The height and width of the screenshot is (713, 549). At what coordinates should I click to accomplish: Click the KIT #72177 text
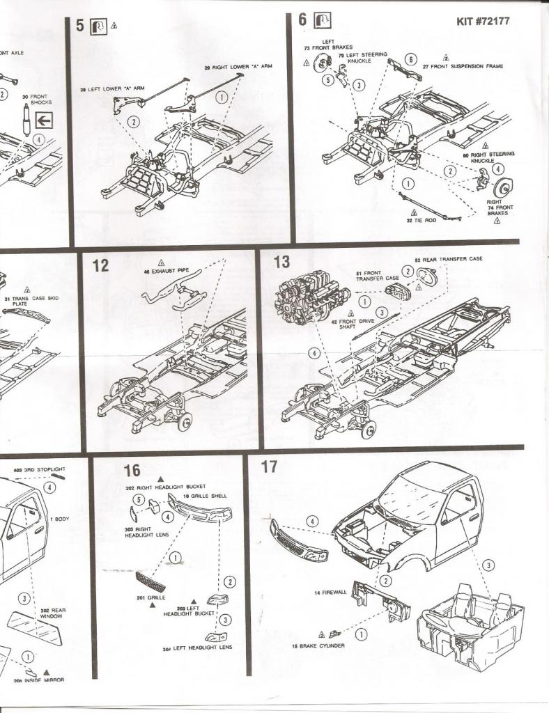tap(483, 21)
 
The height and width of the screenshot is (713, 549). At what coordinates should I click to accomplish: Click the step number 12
tap(102, 266)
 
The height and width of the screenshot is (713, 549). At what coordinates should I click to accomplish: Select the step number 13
tap(282, 262)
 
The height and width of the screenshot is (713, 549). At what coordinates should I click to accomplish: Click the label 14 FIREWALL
tap(327, 593)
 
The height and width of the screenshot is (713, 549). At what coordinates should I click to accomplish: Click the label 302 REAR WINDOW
tap(52, 613)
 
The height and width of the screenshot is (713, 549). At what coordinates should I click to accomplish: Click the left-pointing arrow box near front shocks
tap(44, 120)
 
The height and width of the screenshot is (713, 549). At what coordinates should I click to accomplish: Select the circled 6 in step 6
tap(411, 59)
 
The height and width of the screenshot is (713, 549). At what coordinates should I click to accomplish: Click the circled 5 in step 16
tap(138, 500)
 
